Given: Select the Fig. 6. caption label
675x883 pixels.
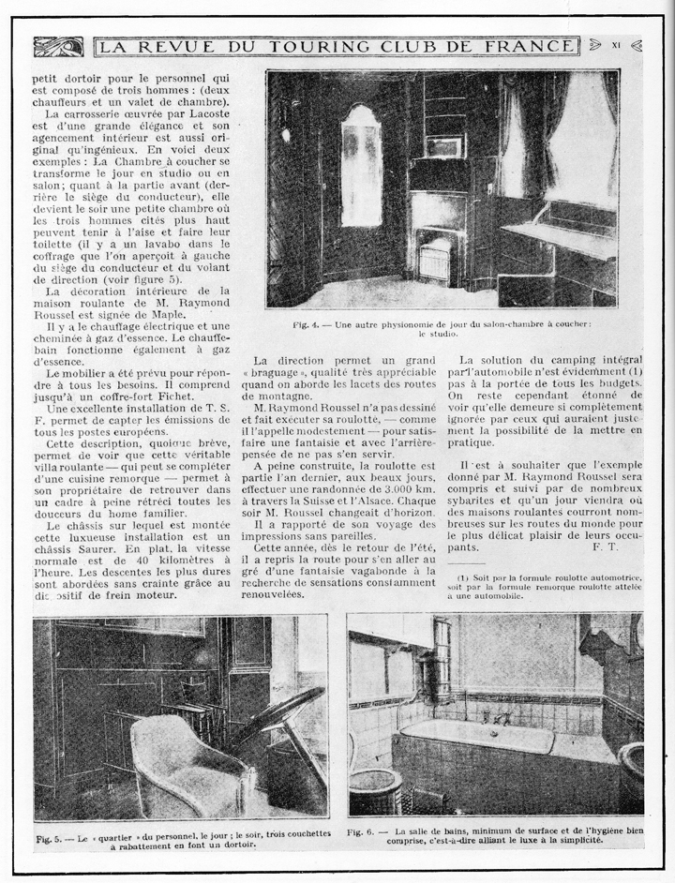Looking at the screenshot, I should [362, 831].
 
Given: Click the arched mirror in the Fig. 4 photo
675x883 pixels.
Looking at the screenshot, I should [360, 165].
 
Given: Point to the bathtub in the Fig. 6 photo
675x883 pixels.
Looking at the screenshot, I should [487, 741].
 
